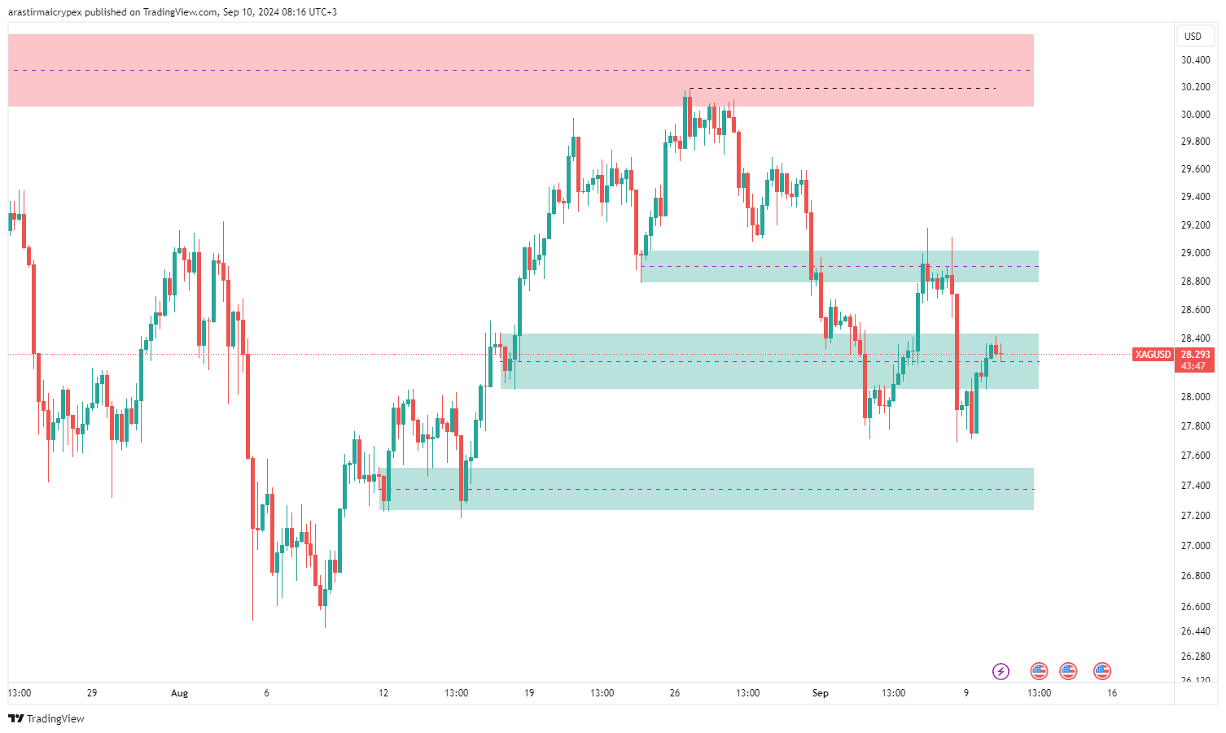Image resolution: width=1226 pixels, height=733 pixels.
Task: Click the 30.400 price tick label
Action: (x=1195, y=60)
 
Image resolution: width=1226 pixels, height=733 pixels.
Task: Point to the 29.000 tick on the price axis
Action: (x=1195, y=253)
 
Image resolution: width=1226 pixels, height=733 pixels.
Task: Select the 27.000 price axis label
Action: (x=1195, y=546)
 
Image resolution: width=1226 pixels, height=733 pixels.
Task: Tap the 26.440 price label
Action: (x=1195, y=631)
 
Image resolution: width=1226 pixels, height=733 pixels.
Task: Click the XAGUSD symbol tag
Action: (x=1153, y=355)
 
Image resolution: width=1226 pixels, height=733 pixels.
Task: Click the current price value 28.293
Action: (x=1195, y=355)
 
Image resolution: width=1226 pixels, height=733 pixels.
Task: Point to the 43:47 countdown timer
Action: (x=1193, y=366)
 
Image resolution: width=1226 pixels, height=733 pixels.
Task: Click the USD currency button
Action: (x=1193, y=37)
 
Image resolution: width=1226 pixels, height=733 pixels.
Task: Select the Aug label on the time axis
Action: (x=179, y=693)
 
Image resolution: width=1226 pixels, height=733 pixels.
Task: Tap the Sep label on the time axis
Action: (x=820, y=693)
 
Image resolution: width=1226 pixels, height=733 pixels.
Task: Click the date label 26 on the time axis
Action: (x=675, y=693)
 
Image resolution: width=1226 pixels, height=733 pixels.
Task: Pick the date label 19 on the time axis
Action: (x=529, y=693)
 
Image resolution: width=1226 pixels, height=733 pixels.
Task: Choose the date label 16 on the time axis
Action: (x=1112, y=693)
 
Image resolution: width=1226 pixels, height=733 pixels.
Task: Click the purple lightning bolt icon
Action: (x=1001, y=671)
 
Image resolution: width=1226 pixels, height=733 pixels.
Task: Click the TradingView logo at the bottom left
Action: (x=46, y=718)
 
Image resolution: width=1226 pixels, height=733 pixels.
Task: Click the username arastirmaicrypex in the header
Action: (x=45, y=12)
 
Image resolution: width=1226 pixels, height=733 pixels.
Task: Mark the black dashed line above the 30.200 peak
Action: (x=843, y=88)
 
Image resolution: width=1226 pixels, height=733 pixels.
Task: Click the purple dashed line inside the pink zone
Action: (x=521, y=71)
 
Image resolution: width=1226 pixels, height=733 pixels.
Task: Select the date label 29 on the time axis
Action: (x=92, y=693)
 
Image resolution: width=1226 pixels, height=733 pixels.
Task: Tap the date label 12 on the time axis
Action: (x=383, y=693)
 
